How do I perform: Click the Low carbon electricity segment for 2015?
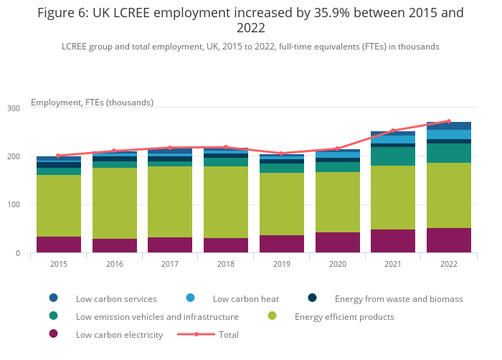(59, 245)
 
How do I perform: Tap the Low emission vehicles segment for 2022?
(449, 153)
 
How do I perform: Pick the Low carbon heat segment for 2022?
(449, 134)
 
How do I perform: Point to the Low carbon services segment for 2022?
(449, 125)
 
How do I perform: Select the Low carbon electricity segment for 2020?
(337, 242)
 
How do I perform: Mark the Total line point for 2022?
(449, 121)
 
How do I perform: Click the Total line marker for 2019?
(282, 153)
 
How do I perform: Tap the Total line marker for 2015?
(59, 156)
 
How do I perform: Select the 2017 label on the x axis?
(170, 264)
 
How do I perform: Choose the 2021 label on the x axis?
(393, 264)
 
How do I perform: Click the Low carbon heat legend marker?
(191, 298)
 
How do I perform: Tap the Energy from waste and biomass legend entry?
(399, 298)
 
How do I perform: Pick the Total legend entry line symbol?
(196, 334)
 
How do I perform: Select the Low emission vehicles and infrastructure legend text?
(157, 316)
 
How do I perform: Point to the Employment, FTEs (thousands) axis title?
(92, 103)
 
